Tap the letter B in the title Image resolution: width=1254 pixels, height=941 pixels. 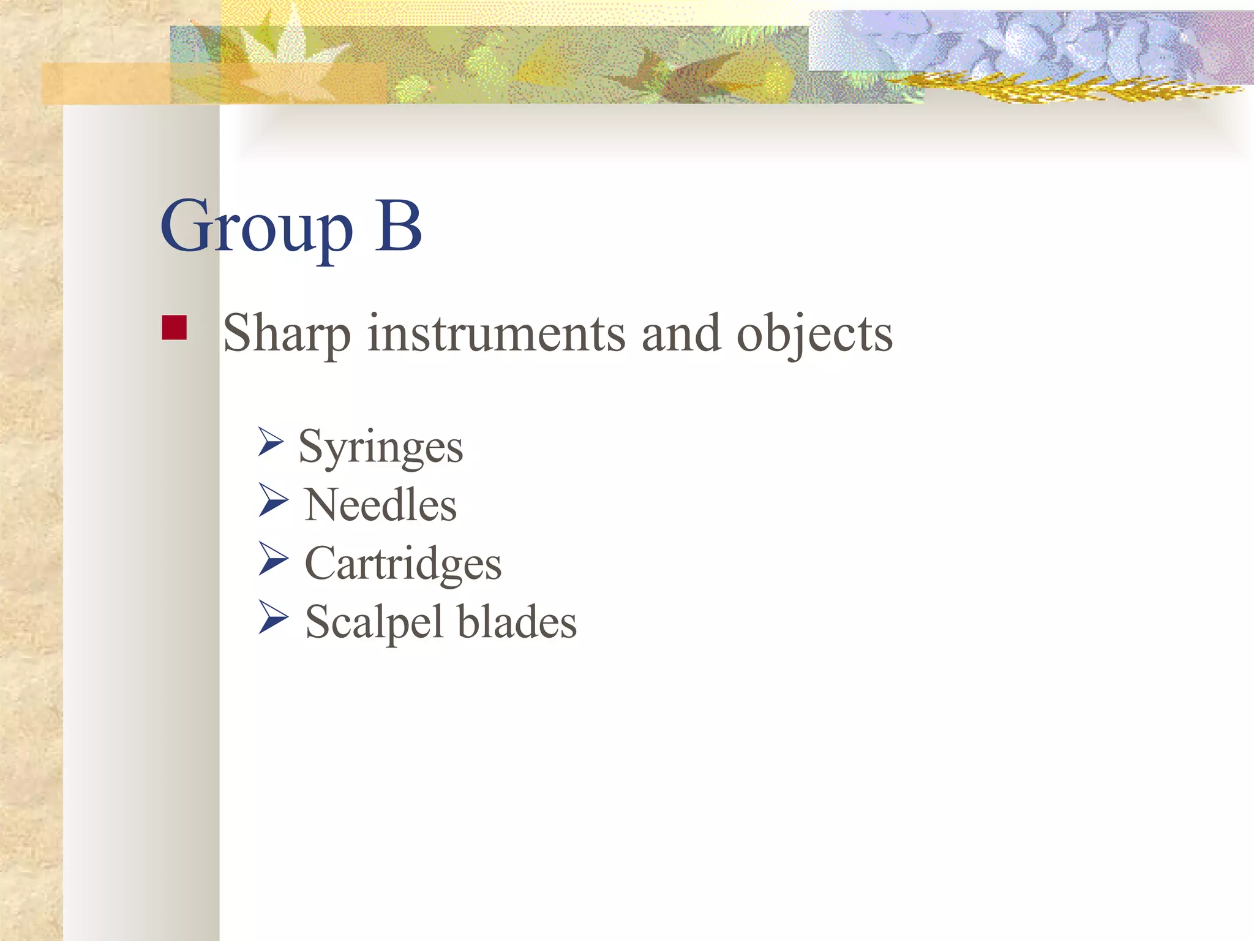pyautogui.click(x=398, y=227)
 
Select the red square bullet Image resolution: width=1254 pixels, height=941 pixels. pyautogui.click(x=175, y=327)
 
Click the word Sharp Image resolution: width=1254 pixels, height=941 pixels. pyautogui.click(x=287, y=334)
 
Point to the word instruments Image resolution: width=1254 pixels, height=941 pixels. pyautogui.click(x=497, y=333)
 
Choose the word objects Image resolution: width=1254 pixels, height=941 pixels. pyautogui.click(x=814, y=334)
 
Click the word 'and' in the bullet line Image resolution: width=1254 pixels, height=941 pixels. pyautogui.click(x=681, y=333)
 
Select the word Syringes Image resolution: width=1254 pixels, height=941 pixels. pyautogui.click(x=380, y=448)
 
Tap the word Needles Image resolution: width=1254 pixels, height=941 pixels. pyautogui.click(x=380, y=505)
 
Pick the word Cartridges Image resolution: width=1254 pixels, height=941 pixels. pyautogui.click(x=403, y=564)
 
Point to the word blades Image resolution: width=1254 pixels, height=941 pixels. pyautogui.click(x=517, y=622)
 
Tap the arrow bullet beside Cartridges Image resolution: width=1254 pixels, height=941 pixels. pyautogui.click(x=272, y=558)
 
